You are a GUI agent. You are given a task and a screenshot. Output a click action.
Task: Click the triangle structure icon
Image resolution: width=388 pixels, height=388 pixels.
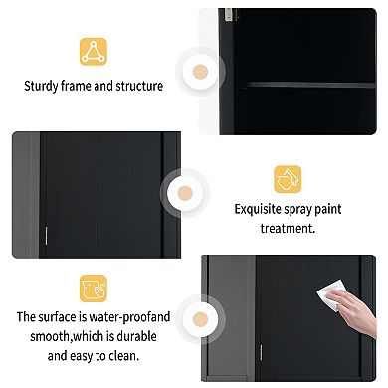coord(94,52)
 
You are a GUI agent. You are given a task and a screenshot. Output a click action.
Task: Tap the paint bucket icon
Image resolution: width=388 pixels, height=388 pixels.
coord(288,179)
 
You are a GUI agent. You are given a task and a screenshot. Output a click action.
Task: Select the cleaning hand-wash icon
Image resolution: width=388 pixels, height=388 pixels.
coord(94,289)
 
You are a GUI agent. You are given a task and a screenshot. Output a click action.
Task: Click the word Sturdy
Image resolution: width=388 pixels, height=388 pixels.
coord(41,86)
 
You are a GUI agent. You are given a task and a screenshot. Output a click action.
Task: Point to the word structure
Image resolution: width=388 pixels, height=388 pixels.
coord(139,86)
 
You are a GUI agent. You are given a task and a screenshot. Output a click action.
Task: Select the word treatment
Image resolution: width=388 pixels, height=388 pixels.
coord(288,228)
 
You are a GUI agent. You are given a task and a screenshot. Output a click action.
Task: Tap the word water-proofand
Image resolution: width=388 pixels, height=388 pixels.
coord(129,317)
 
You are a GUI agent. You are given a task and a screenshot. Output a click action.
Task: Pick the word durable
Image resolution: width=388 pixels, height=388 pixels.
coord(136,336)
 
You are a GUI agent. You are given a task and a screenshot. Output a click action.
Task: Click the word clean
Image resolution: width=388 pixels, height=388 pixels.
coord(123,356)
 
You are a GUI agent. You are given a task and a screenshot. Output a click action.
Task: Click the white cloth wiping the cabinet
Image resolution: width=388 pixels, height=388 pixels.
coord(330,293)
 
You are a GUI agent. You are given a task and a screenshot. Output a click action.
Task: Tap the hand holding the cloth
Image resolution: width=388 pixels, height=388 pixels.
coord(355,311)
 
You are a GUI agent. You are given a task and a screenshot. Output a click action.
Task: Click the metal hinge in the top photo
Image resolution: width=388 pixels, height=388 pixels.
coord(229,15)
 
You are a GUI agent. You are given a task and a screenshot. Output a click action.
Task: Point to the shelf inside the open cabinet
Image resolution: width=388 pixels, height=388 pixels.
coord(310,85)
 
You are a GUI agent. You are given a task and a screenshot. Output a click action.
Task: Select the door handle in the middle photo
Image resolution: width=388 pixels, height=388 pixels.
coord(46,236)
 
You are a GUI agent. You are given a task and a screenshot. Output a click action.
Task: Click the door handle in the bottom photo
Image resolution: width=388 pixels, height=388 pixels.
coord(261,354)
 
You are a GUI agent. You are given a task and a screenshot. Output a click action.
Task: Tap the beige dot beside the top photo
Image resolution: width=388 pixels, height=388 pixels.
coord(200,72)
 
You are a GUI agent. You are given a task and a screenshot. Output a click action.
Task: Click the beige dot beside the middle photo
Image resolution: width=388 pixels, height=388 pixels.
coord(185,193)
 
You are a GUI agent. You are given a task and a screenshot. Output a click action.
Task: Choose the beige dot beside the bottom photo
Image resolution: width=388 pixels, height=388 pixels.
coord(200,319)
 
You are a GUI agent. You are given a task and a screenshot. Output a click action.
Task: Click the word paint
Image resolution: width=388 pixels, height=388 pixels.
coord(327,209)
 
